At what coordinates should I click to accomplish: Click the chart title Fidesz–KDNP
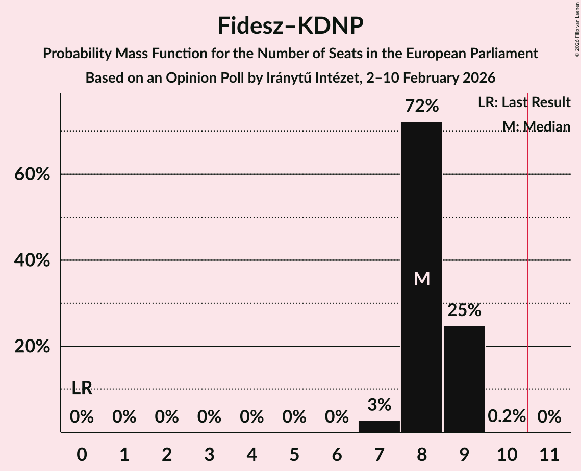point(290,25)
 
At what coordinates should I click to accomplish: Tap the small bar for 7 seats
point(379,426)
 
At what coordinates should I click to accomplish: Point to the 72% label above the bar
point(421,106)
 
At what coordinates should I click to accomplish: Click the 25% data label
point(464,310)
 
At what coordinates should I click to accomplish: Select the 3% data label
point(379,405)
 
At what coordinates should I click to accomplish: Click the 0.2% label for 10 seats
point(507,416)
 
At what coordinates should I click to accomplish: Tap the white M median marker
point(422,278)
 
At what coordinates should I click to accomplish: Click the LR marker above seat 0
point(82,388)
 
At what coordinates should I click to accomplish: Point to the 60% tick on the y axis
point(31,175)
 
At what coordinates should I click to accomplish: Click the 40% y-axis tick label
point(31,261)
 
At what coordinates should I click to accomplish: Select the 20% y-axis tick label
point(31,347)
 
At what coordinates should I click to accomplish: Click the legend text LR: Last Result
point(524,102)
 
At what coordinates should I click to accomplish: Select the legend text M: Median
point(536,126)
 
